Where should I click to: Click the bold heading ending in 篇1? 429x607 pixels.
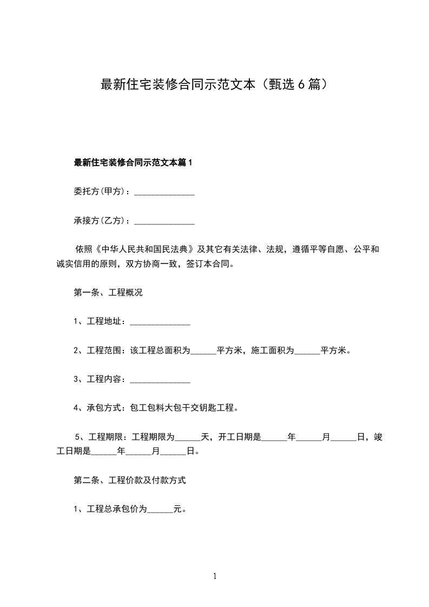coord(133,162)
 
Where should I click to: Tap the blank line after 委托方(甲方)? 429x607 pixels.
coord(164,192)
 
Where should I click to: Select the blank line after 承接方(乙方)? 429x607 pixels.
coord(164,221)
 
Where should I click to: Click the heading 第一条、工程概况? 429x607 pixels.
coord(108,293)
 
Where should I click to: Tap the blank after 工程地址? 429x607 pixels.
coord(160,322)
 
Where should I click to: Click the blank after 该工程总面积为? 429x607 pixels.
coord(203,351)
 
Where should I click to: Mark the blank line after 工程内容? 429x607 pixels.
coord(160,380)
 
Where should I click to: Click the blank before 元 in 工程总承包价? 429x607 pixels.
coord(160,510)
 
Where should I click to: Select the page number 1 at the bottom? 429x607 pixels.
coord(215,577)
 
